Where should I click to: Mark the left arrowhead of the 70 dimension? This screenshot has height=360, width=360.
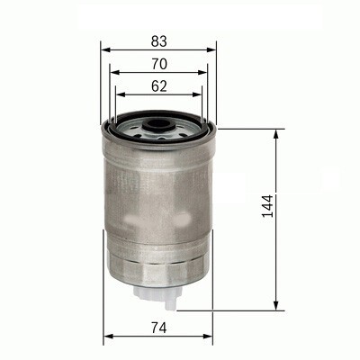tap(113, 73)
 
